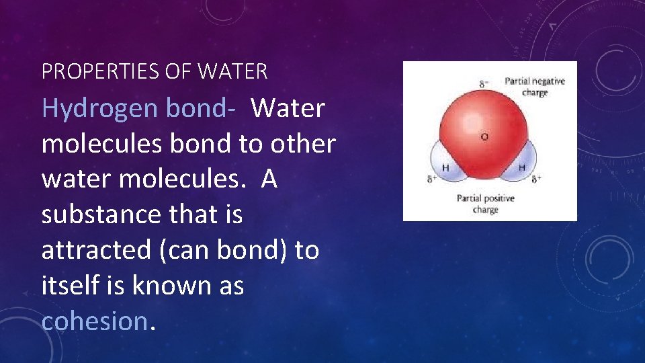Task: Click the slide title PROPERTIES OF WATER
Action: (x=155, y=71)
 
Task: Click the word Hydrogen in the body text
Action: (x=98, y=108)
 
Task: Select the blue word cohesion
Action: (x=93, y=321)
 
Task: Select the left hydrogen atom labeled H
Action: (x=445, y=167)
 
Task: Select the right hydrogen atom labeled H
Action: (x=521, y=167)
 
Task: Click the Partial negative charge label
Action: (x=535, y=87)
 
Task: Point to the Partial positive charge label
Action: (x=485, y=204)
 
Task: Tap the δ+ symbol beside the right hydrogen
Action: (x=536, y=179)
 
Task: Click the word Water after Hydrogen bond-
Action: (x=288, y=108)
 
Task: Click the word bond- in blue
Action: (x=198, y=108)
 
